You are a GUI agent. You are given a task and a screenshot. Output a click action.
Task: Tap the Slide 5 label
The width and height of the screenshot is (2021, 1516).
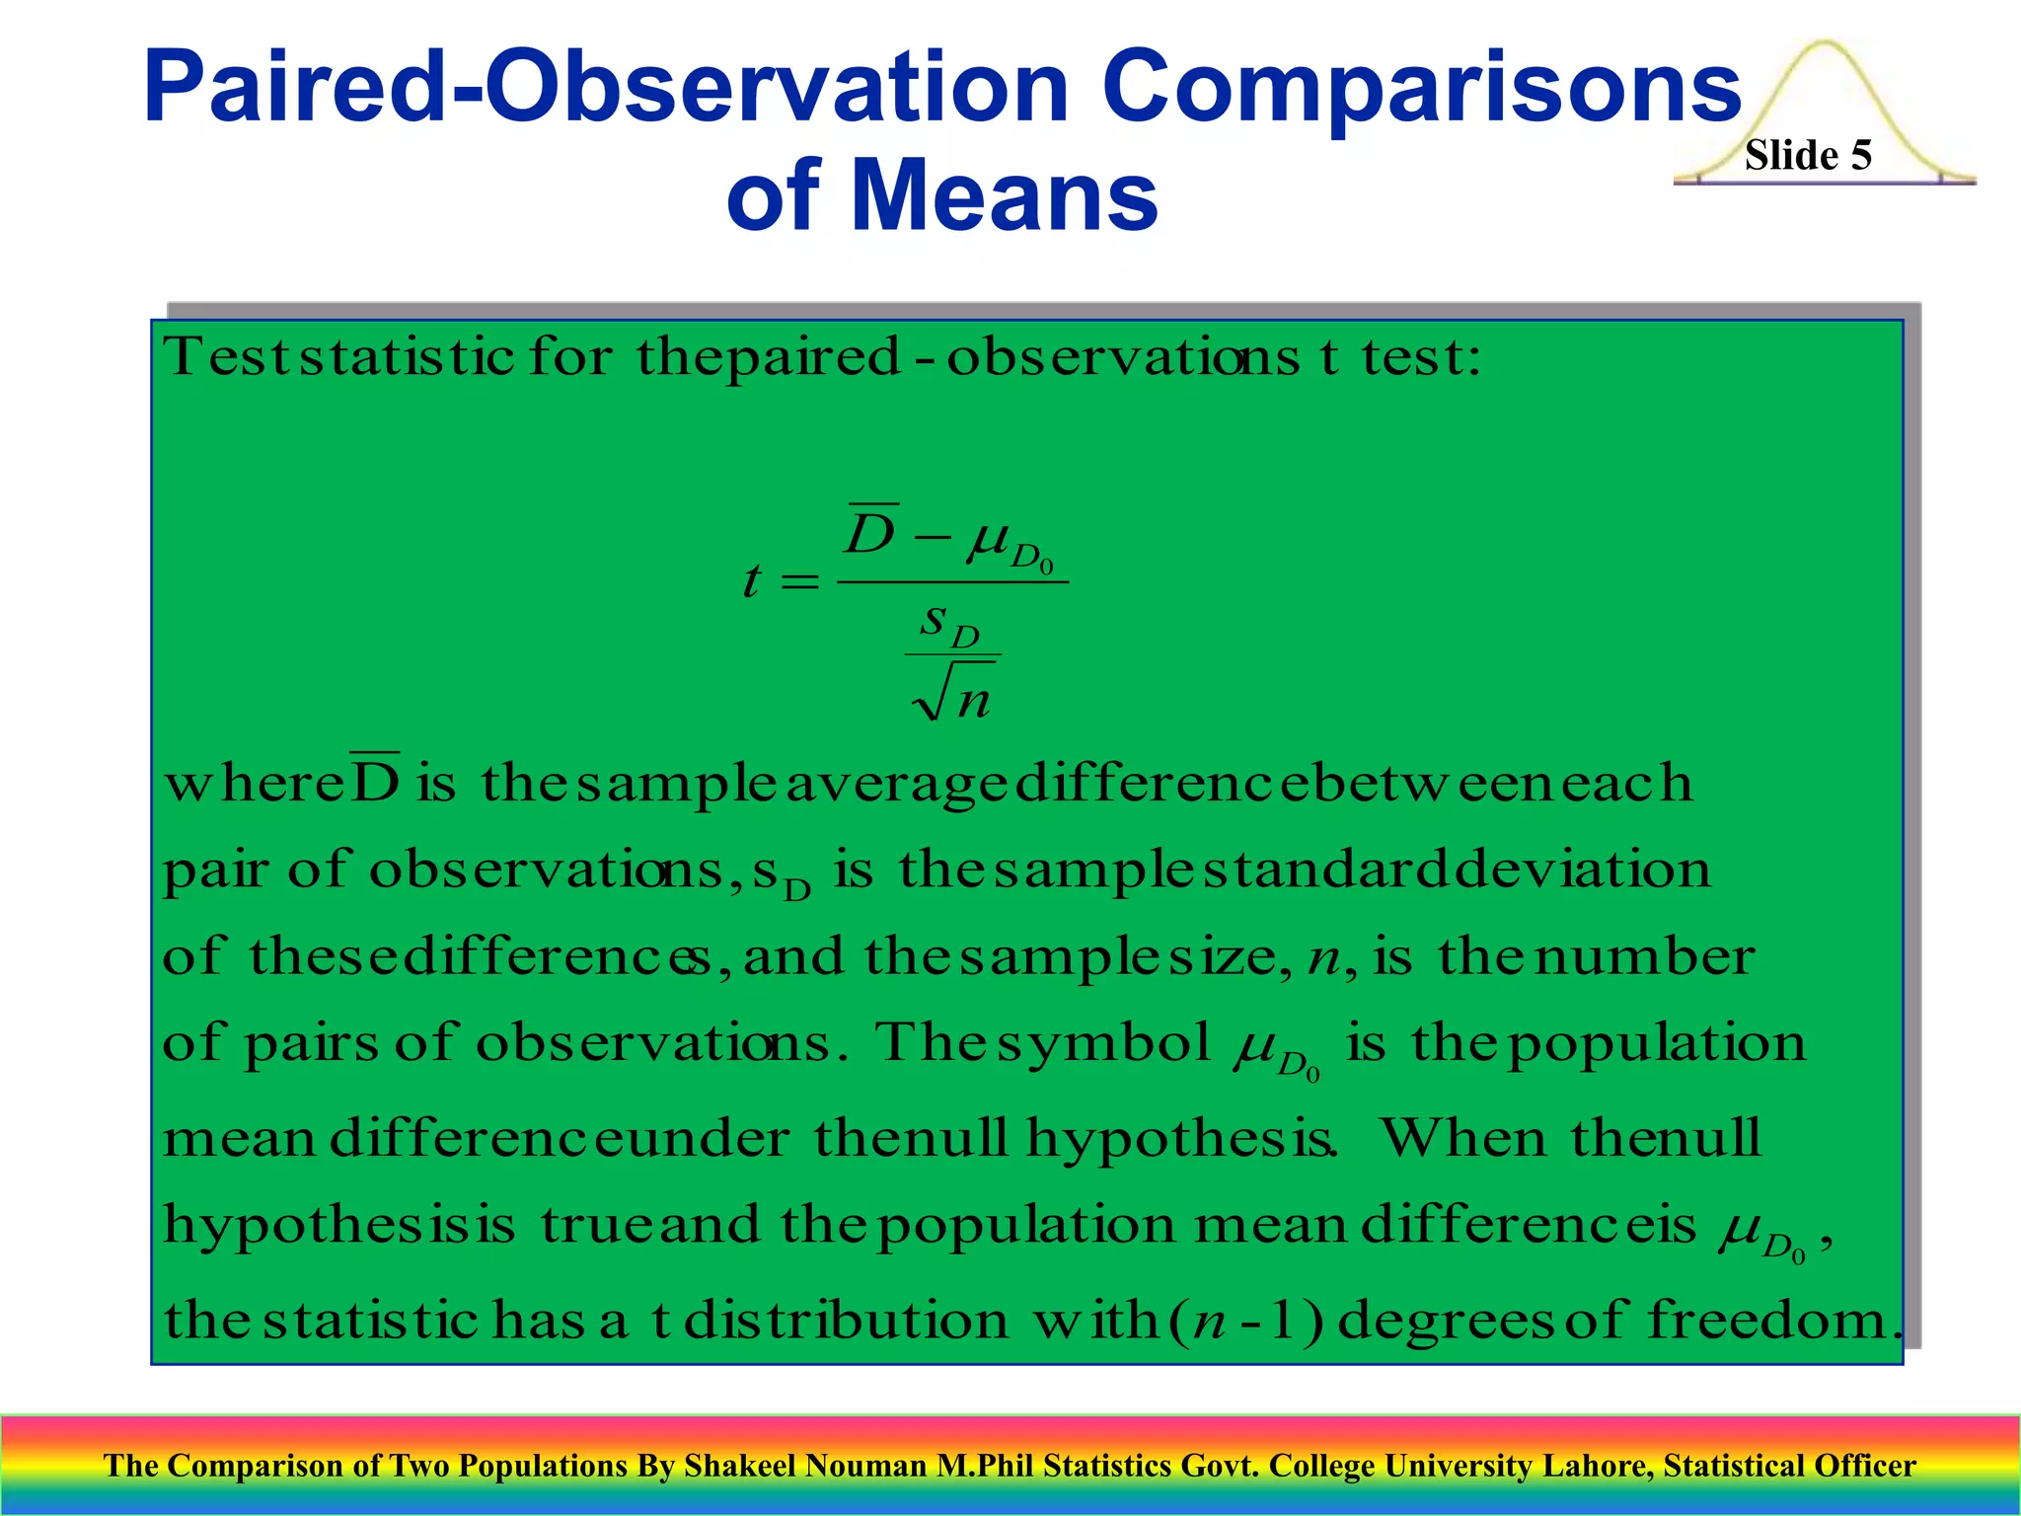[x=1807, y=156]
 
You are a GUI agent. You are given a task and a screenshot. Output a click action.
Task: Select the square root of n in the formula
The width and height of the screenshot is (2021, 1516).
[x=953, y=695]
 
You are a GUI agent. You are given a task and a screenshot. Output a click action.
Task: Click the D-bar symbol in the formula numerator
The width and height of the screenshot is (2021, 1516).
[x=872, y=533]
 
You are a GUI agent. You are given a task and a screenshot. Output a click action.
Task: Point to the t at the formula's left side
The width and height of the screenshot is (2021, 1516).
[x=752, y=581]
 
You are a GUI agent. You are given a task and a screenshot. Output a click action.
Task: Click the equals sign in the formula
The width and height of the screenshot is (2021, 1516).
[x=799, y=583]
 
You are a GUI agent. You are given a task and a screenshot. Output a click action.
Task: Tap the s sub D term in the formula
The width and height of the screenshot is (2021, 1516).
[x=948, y=624]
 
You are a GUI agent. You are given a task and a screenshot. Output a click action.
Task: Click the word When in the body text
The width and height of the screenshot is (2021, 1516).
[x=1462, y=1138]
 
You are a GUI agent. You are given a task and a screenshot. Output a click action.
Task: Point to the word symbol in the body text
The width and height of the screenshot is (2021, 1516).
[x=1103, y=1043]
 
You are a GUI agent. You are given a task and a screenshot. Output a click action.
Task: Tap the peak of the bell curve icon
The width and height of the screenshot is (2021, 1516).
[x=1826, y=45]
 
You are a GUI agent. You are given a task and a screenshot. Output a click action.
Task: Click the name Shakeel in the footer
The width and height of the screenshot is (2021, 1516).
[x=741, y=1466]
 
